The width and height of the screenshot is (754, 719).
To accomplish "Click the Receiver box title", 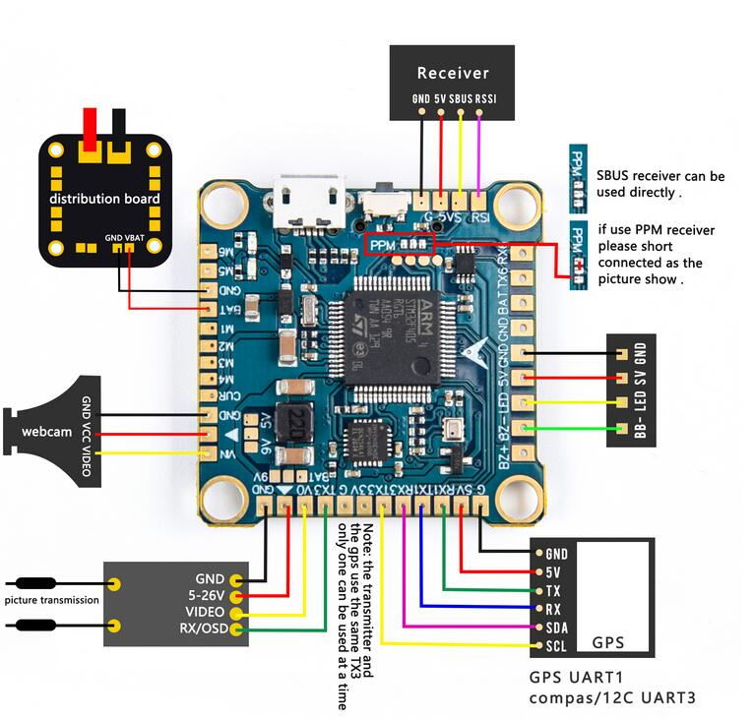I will (453, 73).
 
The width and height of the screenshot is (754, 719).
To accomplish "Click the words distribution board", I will (105, 199).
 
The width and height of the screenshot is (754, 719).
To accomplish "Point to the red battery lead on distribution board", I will (91, 128).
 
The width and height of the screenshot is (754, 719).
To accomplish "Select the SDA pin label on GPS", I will (556, 628).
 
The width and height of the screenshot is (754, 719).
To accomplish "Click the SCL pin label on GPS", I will (556, 646).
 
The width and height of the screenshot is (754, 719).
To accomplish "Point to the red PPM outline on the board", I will (400, 243).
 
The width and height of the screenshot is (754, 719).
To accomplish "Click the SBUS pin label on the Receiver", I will (461, 98).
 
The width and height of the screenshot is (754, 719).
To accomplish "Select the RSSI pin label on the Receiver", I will (487, 98).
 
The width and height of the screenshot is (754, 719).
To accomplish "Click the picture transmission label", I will (51, 600).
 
